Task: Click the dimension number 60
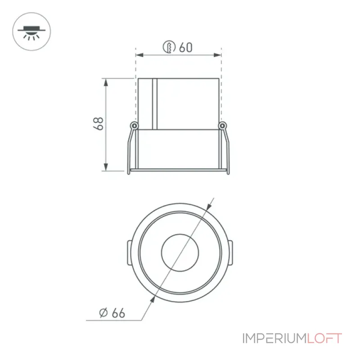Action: pyautogui.click(x=185, y=47)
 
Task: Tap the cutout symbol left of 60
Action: pyautogui.click(x=169, y=47)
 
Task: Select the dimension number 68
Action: pyautogui.click(x=98, y=124)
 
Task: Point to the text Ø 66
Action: pyautogui.click(x=112, y=313)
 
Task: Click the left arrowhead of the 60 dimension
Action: pyautogui.click(x=139, y=55)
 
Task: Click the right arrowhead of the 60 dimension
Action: pyautogui.click(x=217, y=55)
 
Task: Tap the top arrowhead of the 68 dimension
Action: pyautogui.click(x=106, y=82)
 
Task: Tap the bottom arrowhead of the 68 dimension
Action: pyautogui.click(x=106, y=167)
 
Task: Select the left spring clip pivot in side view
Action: pyautogui.click(x=134, y=126)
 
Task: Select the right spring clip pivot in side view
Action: pyautogui.click(x=222, y=126)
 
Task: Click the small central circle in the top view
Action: pyautogui.click(x=180, y=252)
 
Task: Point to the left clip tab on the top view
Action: pyautogui.click(x=130, y=253)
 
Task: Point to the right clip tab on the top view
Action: pyautogui.click(x=230, y=253)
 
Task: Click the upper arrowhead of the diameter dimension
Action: pyautogui.click(x=208, y=207)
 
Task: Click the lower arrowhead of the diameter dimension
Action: pyautogui.click(x=152, y=299)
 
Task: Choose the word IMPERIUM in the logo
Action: pyautogui.click(x=275, y=338)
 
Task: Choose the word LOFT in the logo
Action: pyautogui.click(x=325, y=338)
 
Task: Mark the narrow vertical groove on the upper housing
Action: pyautogui.click(x=154, y=104)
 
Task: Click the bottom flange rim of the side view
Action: pyautogui.click(x=178, y=170)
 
